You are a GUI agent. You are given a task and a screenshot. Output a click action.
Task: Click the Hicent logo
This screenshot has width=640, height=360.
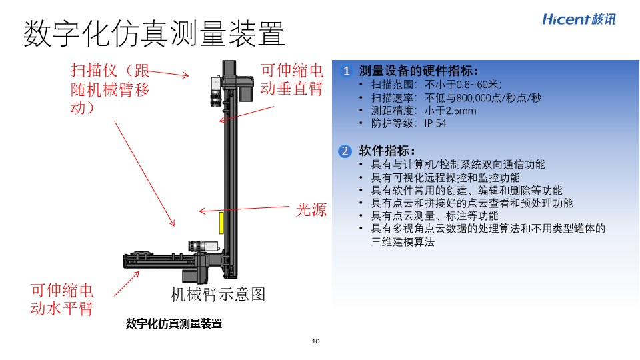click(x=579, y=19)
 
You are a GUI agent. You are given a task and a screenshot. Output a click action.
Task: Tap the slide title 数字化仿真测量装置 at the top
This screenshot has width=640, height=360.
click(x=154, y=33)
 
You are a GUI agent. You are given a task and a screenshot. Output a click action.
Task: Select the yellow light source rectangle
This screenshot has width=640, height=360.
click(x=221, y=223)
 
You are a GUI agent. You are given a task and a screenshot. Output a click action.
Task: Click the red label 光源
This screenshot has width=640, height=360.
click(x=311, y=209)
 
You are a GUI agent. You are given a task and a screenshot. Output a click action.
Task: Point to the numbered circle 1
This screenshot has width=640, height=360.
click(x=346, y=71)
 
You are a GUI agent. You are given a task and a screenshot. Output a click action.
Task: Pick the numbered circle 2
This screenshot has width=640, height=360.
click(x=345, y=151)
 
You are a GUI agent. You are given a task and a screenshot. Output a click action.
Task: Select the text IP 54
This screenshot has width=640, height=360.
click(x=435, y=123)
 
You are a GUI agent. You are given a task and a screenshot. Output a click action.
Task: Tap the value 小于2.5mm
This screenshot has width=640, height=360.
click(x=450, y=111)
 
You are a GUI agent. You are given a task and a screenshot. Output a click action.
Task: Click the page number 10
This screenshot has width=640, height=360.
click(x=315, y=341)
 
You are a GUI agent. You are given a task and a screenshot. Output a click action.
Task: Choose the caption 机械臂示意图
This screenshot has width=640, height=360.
click(x=217, y=294)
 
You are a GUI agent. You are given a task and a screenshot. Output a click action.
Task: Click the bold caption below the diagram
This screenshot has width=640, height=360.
click(x=174, y=324)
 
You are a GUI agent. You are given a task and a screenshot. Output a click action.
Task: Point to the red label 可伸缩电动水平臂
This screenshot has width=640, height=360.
click(x=62, y=299)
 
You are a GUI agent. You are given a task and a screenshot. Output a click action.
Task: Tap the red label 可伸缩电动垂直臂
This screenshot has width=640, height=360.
click(x=292, y=79)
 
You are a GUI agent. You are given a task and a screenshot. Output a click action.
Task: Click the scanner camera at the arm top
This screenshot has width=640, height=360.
click(x=216, y=91)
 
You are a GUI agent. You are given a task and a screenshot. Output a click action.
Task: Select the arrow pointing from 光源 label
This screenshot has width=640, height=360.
click(x=244, y=209)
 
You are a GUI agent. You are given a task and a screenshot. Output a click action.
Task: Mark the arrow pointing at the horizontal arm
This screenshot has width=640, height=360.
click(x=127, y=284)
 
